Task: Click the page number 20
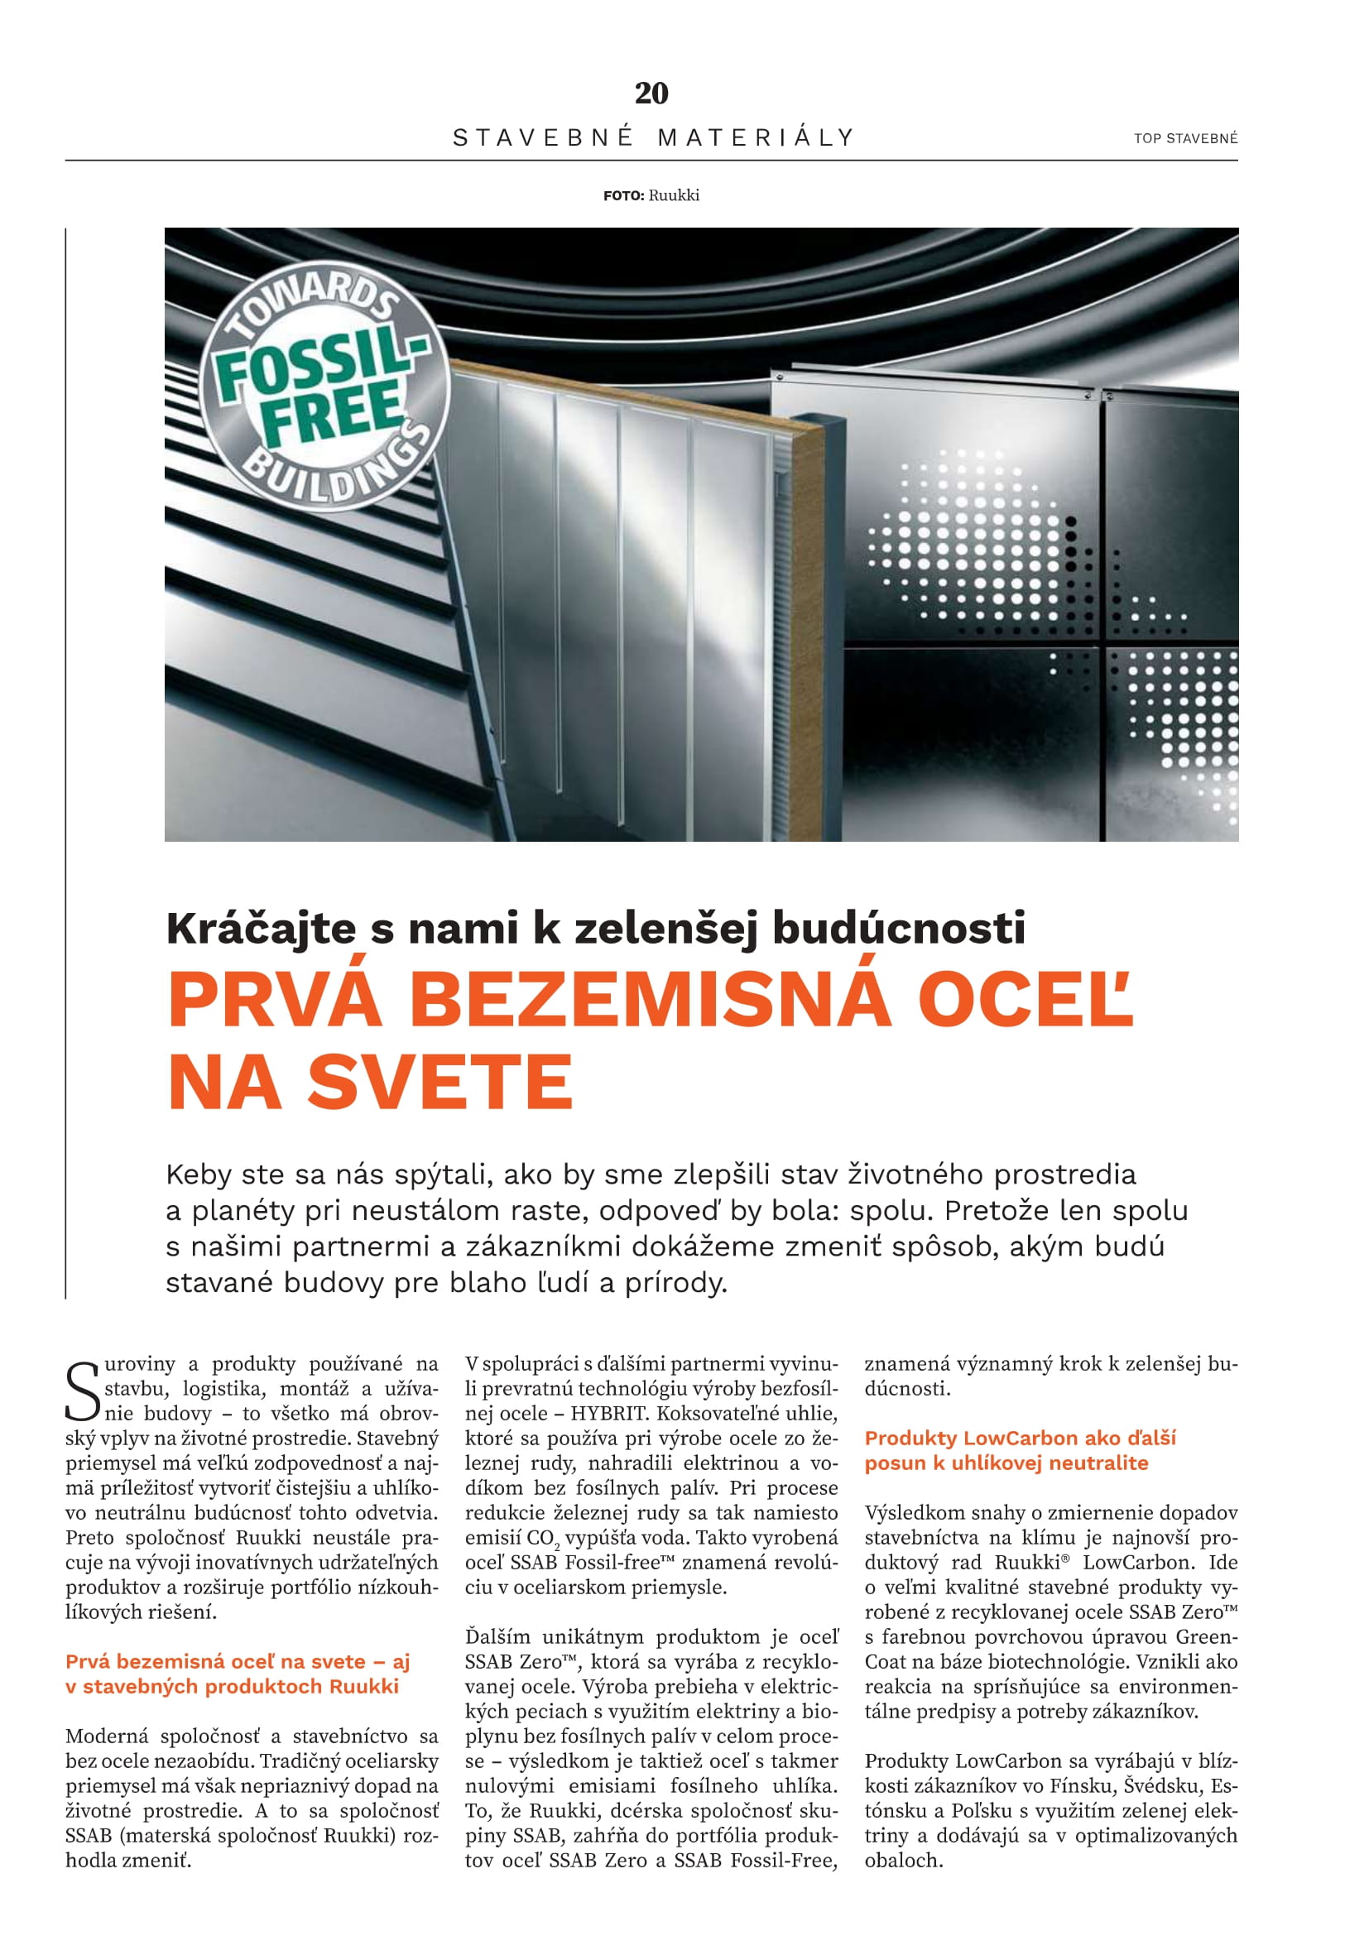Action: pyautogui.click(x=651, y=93)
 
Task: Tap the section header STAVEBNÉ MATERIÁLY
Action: pyautogui.click(x=653, y=137)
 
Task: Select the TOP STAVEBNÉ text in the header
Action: pyautogui.click(x=1185, y=138)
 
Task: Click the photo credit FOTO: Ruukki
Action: pyautogui.click(x=651, y=195)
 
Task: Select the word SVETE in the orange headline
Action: pyautogui.click(x=440, y=1083)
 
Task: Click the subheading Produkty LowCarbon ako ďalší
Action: pyautogui.click(x=1020, y=1438)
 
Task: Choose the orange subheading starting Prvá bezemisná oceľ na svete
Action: pyautogui.click(x=238, y=1661)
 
